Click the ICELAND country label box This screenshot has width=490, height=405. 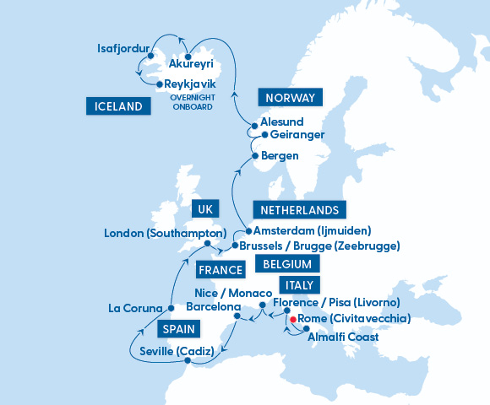(118, 106)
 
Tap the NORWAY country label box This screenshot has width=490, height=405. (290, 98)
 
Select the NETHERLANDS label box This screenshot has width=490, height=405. (298, 210)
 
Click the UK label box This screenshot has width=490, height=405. (205, 208)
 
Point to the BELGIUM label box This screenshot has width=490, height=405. (287, 264)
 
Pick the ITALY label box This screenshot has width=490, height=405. (302, 285)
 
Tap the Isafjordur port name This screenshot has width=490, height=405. (123, 47)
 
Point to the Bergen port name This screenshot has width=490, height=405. (280, 156)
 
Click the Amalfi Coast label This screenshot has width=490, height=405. (343, 337)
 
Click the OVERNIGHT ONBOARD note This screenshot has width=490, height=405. (193, 101)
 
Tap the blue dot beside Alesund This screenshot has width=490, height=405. (253, 127)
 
